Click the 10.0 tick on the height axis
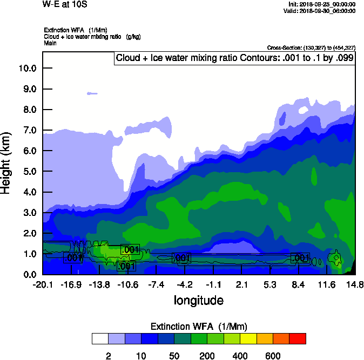[28, 69]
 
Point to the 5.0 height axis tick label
[28, 172]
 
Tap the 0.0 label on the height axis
[28, 275]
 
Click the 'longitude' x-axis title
[198, 300]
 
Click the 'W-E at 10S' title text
[64, 4]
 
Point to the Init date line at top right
[322, 4]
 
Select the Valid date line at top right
[322, 11]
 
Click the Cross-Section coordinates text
[311, 47]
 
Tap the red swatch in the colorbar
[298, 339]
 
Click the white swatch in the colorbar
[100, 339]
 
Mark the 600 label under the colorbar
[273, 356]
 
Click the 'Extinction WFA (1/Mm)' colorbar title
[198, 326]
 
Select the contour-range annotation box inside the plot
[234, 58]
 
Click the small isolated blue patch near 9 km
[91, 93]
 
